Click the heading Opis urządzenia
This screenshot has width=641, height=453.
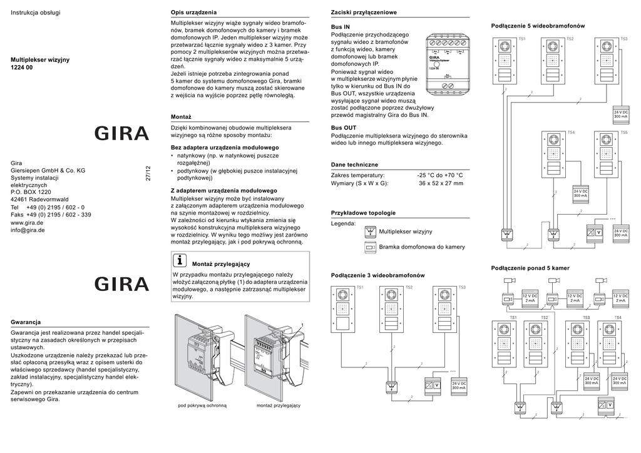pyautogui.click(x=193, y=13)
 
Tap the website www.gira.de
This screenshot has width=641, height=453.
pyautogui.click(x=28, y=222)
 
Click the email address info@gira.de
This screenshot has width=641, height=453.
pyautogui.click(x=28, y=230)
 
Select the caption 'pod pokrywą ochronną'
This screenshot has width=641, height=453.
pyautogui.click(x=202, y=405)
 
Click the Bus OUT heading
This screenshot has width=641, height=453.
pyautogui.click(x=344, y=128)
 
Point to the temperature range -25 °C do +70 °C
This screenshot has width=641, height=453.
pyautogui.click(x=441, y=175)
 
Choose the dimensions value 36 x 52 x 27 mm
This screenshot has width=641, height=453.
pyautogui.click(x=441, y=183)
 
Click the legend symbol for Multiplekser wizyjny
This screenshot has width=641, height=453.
pyautogui.click(x=370, y=232)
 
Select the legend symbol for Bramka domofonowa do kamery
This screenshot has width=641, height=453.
pyautogui.click(x=370, y=247)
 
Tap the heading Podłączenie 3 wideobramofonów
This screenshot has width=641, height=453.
pyautogui.click(x=377, y=275)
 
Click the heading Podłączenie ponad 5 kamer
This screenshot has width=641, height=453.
pyautogui.click(x=530, y=268)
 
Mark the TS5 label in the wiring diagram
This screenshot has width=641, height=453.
pyautogui.click(x=623, y=133)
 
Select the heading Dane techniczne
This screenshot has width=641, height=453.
pyautogui.click(x=354, y=164)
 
